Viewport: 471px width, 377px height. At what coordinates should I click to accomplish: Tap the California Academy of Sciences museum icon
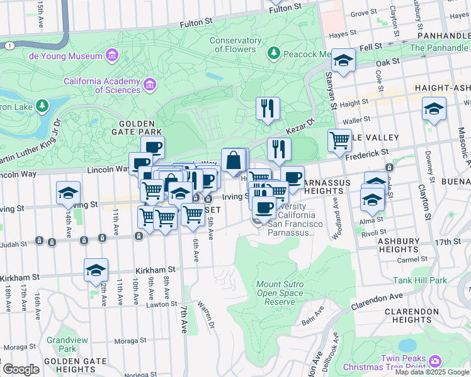(149, 84)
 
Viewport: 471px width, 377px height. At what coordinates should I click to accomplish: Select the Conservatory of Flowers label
(235, 45)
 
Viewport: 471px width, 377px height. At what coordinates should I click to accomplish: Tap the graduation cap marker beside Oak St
(343, 61)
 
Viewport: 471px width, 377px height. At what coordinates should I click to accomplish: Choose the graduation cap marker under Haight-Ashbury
(434, 109)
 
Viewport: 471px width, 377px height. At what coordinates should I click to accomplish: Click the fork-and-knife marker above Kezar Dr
(268, 109)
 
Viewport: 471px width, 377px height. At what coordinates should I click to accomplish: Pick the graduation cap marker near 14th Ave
(68, 193)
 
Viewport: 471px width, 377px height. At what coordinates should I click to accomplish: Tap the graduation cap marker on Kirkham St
(96, 270)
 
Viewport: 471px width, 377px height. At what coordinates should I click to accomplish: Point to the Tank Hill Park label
(419, 280)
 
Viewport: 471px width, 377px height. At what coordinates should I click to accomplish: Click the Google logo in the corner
(21, 369)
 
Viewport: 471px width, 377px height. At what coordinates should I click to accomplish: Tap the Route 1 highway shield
(8, 45)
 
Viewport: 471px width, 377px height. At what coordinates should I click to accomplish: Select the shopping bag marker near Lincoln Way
(234, 160)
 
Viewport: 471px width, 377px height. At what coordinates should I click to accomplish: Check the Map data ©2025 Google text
(432, 372)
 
